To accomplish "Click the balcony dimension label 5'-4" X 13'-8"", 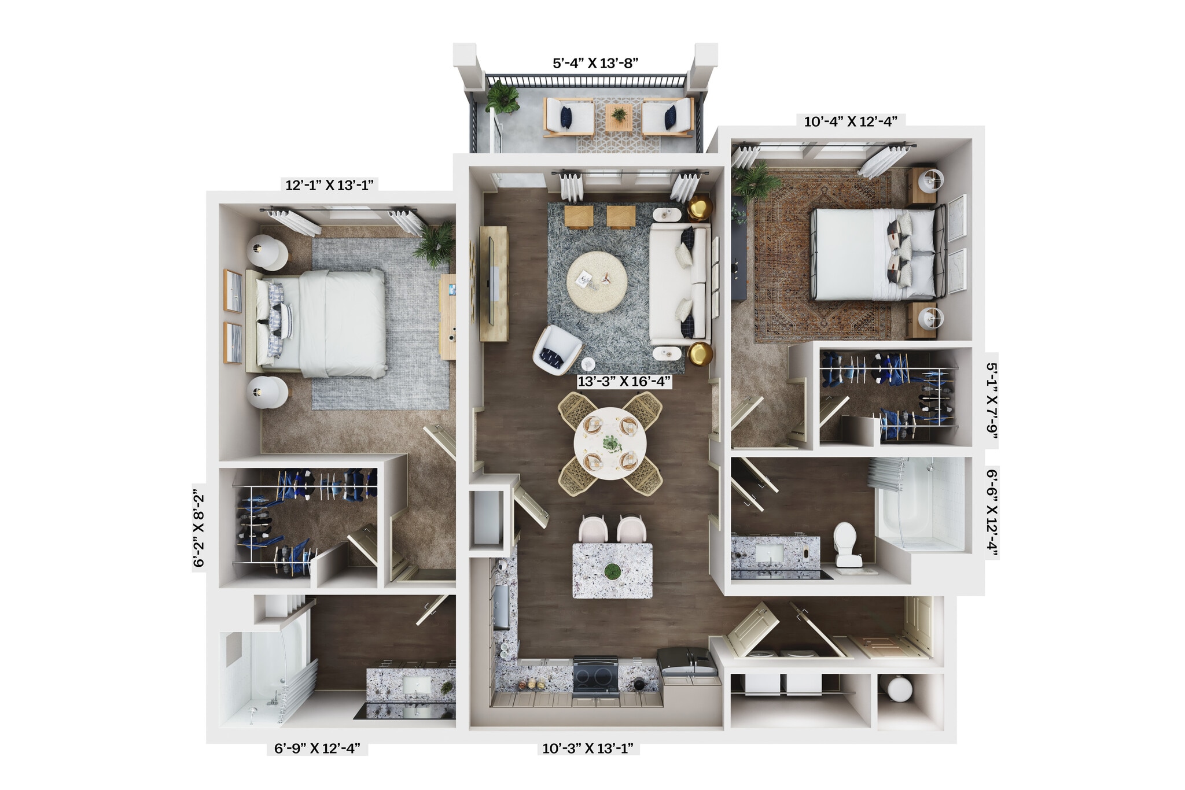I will pos(595,63).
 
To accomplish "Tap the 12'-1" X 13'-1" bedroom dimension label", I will pos(329,185).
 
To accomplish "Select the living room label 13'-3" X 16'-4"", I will pos(624,381).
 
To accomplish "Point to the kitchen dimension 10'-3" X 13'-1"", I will pos(587,748).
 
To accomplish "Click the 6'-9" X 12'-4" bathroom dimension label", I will pos(317,748).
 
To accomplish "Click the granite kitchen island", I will pos(612,570).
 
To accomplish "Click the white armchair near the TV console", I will pos(556,349).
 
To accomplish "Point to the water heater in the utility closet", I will pos(899,689).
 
